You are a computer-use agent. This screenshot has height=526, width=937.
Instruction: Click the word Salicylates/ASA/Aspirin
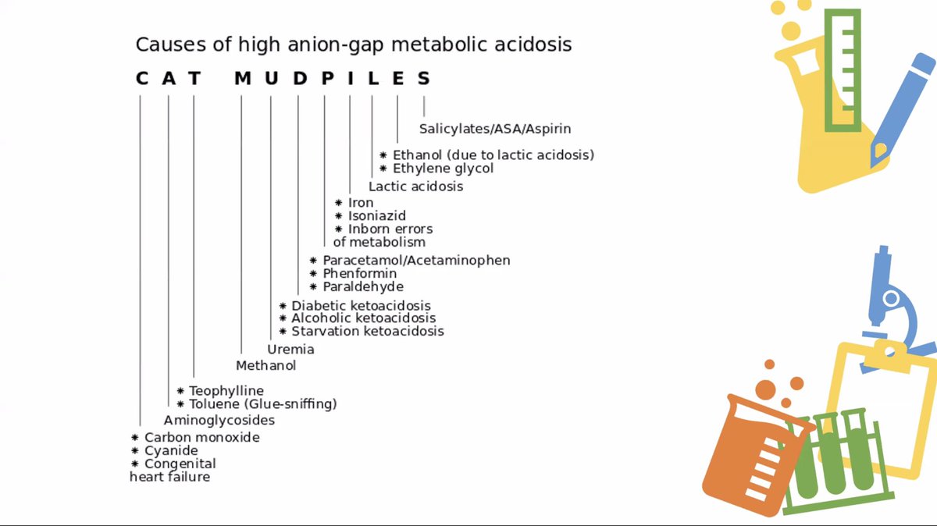(489, 129)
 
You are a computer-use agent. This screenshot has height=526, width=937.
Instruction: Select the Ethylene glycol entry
(443, 169)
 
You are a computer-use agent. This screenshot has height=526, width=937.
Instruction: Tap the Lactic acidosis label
(415, 187)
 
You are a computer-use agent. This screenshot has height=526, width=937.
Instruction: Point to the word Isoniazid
(376, 216)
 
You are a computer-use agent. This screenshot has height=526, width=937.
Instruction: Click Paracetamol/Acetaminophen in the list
(416, 260)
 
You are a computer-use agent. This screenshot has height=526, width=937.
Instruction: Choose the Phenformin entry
(359, 274)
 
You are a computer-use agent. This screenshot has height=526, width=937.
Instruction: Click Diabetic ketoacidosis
(361, 306)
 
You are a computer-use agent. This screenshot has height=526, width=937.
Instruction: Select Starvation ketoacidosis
(367, 332)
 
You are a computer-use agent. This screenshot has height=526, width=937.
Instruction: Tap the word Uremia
(290, 350)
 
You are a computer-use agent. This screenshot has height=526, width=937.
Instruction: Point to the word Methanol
(265, 365)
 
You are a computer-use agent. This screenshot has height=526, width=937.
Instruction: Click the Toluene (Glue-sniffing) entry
(262, 404)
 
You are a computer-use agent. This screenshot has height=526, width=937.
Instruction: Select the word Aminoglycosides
(219, 421)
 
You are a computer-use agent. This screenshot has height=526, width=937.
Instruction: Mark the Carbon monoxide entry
(201, 438)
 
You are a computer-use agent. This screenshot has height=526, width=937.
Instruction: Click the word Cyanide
(171, 451)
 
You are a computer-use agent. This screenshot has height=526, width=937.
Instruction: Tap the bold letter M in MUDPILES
(243, 79)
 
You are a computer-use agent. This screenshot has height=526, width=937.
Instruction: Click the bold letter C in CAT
(141, 79)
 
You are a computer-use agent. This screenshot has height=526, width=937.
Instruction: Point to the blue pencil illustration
(898, 109)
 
